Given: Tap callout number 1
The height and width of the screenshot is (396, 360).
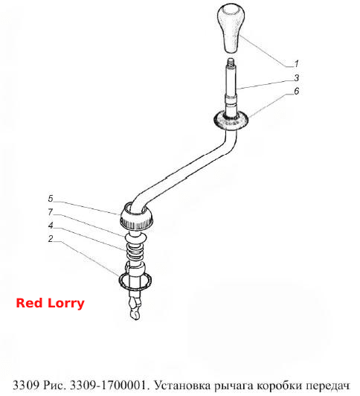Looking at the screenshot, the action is pos(297,64).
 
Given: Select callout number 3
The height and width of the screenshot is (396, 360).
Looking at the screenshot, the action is pos(297,77).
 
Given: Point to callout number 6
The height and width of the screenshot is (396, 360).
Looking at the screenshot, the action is pos(297,91).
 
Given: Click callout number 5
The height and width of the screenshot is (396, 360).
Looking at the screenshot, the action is pos(51,199).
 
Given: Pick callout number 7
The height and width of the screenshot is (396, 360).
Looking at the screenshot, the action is pos(51,212).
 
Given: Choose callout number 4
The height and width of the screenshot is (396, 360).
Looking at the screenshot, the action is pos(51,226).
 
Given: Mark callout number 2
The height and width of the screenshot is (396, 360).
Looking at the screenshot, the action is pos(51,239).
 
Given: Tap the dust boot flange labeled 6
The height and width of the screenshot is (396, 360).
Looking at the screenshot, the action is pos(231,121).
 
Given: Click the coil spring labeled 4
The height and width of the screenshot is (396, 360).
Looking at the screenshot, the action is pos(135,252).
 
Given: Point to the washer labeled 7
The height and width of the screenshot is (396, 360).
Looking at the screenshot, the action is pos(136,237).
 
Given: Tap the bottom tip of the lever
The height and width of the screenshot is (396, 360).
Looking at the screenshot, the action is pos(135,319).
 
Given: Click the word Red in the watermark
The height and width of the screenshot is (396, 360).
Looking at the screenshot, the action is pos(29,303).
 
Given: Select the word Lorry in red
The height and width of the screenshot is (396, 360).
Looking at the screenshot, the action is pos(66,304).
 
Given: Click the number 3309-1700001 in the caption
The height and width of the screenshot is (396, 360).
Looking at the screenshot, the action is pos(108,386).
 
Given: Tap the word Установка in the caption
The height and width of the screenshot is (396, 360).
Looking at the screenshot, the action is pos(182,386).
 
